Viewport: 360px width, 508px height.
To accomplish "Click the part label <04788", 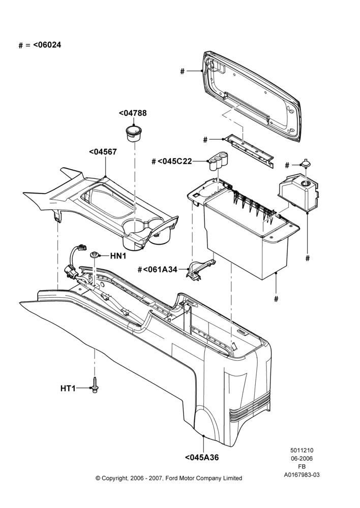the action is [133, 113].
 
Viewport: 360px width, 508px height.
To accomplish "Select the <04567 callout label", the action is [103, 151].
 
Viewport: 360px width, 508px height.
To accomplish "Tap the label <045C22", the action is [174, 161].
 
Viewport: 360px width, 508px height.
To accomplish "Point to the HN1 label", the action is [118, 256].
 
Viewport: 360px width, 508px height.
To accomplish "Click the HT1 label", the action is [68, 388].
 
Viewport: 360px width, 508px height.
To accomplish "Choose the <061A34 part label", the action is [160, 269].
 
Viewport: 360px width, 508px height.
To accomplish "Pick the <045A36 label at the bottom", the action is [202, 458].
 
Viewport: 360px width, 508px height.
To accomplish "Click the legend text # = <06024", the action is [40, 45].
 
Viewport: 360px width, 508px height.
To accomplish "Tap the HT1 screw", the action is [95, 385].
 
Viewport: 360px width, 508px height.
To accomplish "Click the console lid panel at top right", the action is [253, 97].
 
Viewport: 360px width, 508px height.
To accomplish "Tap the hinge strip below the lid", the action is [249, 151].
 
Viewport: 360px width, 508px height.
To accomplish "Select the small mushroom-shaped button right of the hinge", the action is [306, 163].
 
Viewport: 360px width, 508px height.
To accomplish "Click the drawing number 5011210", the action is [302, 450].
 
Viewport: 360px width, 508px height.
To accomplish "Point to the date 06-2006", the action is [302, 458].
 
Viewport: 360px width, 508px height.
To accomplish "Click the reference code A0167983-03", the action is [302, 475].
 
